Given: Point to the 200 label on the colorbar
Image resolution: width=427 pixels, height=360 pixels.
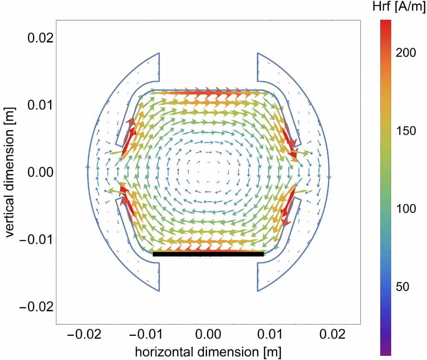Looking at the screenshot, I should [x=406, y=53].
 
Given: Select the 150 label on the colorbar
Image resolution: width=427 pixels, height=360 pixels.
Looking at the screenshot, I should [x=406, y=131].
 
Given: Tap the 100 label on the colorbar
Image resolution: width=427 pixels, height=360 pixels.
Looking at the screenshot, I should [x=406, y=209].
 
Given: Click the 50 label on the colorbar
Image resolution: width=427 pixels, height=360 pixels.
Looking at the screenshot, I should [x=404, y=286].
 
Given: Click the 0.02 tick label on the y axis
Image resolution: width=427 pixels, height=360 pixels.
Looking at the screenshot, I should [x=40, y=37].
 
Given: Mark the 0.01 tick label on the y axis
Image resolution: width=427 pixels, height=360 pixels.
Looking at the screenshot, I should [x=40, y=104].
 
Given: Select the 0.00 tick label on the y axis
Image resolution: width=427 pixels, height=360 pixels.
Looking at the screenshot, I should [x=40, y=172].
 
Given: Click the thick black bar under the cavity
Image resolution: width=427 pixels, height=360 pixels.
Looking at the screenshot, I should [x=208, y=254].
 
